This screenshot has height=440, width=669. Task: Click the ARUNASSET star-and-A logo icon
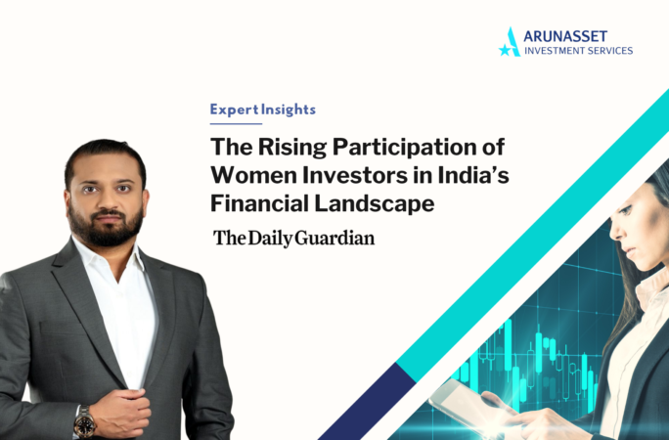click(x=510, y=42)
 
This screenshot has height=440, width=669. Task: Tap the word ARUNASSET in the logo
click(x=565, y=36)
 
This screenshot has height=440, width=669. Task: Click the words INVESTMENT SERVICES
click(x=578, y=51)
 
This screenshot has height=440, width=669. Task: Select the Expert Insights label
click(x=263, y=110)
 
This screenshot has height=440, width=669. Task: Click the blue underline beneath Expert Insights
click(x=236, y=124)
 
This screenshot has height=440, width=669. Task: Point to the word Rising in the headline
click(x=292, y=148)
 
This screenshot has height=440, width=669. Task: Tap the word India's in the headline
click(x=473, y=175)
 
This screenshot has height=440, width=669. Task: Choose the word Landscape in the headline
click(x=375, y=203)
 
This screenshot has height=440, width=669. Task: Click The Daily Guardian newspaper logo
click(x=294, y=239)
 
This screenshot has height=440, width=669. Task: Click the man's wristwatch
click(x=84, y=422)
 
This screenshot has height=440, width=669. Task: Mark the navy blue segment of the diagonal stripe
click(x=367, y=402)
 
